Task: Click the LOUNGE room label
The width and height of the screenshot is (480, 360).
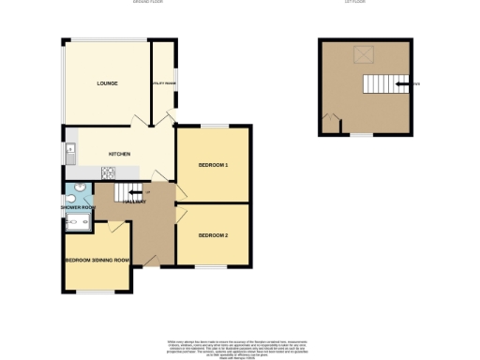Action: tap(107, 84)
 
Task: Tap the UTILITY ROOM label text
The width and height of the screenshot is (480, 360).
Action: tap(165, 84)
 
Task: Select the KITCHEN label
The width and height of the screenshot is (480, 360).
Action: tap(118, 154)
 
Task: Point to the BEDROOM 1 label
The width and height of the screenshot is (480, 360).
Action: tap(213, 165)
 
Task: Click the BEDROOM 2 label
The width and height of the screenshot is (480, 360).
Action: tap(213, 234)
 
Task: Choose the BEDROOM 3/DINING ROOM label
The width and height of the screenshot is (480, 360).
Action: tap(96, 260)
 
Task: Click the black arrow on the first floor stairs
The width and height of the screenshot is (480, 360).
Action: tap(403, 84)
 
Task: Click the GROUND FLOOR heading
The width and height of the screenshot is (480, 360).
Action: tap(145, 3)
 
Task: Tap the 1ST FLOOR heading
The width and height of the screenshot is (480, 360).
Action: tap(353, 3)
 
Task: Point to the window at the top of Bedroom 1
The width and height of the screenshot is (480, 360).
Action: tap(213, 126)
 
